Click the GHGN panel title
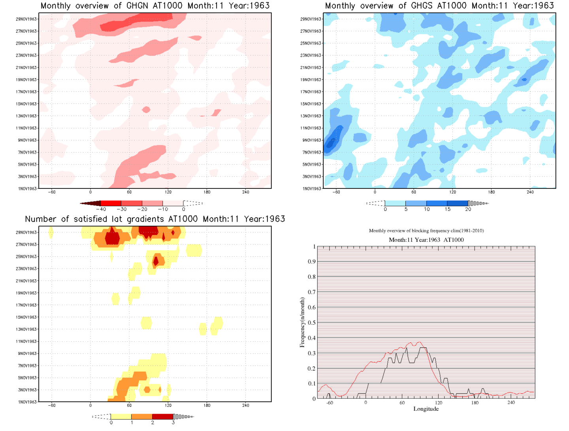coord(155,6)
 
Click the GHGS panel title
coord(439,6)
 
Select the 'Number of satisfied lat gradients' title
coord(155,219)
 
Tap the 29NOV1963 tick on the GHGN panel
coord(26,19)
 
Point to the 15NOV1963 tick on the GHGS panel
coord(311,104)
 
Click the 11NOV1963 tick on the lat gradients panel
coord(26,341)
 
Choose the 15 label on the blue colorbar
coord(447,209)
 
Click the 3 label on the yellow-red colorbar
coord(173,423)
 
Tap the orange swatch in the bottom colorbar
coord(141,417)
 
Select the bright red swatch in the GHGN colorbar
coord(111,203)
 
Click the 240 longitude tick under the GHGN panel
coord(246,192)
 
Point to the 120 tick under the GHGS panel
coord(452,192)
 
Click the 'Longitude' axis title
coord(426,409)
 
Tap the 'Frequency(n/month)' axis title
coord(302,322)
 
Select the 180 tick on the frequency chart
coord(475,403)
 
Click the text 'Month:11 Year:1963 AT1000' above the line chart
coord(426,240)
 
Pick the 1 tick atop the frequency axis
coord(314,247)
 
